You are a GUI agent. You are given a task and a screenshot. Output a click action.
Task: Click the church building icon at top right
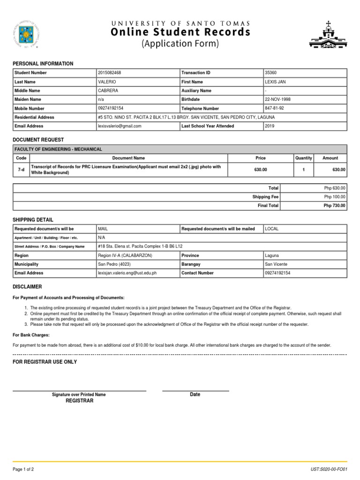328,35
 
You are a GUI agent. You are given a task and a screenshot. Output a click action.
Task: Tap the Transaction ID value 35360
270,73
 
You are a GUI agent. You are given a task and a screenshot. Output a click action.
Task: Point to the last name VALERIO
106,82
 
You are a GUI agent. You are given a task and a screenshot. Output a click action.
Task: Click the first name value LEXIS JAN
275,82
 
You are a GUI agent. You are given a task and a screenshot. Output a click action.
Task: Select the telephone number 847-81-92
274,108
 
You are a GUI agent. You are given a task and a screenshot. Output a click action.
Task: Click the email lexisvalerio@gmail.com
120,126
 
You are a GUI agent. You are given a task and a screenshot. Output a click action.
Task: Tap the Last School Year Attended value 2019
270,126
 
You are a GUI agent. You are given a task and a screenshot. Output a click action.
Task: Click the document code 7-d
21,170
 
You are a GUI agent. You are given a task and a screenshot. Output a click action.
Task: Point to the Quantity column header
304,158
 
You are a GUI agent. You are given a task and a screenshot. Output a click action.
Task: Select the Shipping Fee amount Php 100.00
335,197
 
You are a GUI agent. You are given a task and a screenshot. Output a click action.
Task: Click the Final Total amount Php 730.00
335,206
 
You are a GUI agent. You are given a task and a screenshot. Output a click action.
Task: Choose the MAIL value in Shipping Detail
103,229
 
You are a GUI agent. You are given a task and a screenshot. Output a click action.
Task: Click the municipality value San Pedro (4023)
115,264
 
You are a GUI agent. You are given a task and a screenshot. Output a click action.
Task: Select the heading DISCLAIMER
27,286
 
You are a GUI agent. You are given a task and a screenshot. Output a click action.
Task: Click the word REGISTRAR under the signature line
79,401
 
